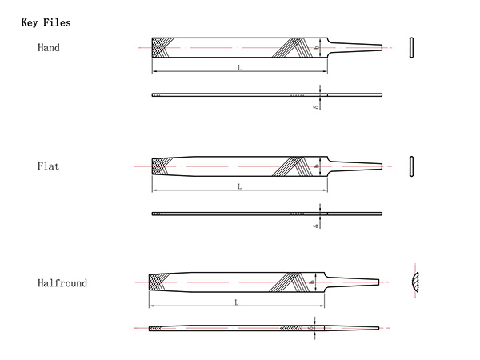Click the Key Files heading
pos(46,23)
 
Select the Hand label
pos(49,48)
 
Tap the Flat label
pos(49,166)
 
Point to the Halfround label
pos(62,283)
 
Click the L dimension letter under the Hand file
pos(239,68)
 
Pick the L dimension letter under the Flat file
pos(239,186)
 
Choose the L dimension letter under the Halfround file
pos(237,302)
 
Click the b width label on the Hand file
pos(318,47)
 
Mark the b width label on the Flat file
pos(318,166)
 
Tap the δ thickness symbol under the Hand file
pos(316,106)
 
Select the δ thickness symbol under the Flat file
pos(316,225)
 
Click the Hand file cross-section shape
pos(411,47)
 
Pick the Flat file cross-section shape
pos(411,166)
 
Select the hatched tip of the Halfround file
pos(158,282)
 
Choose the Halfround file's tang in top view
pos(352,282)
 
